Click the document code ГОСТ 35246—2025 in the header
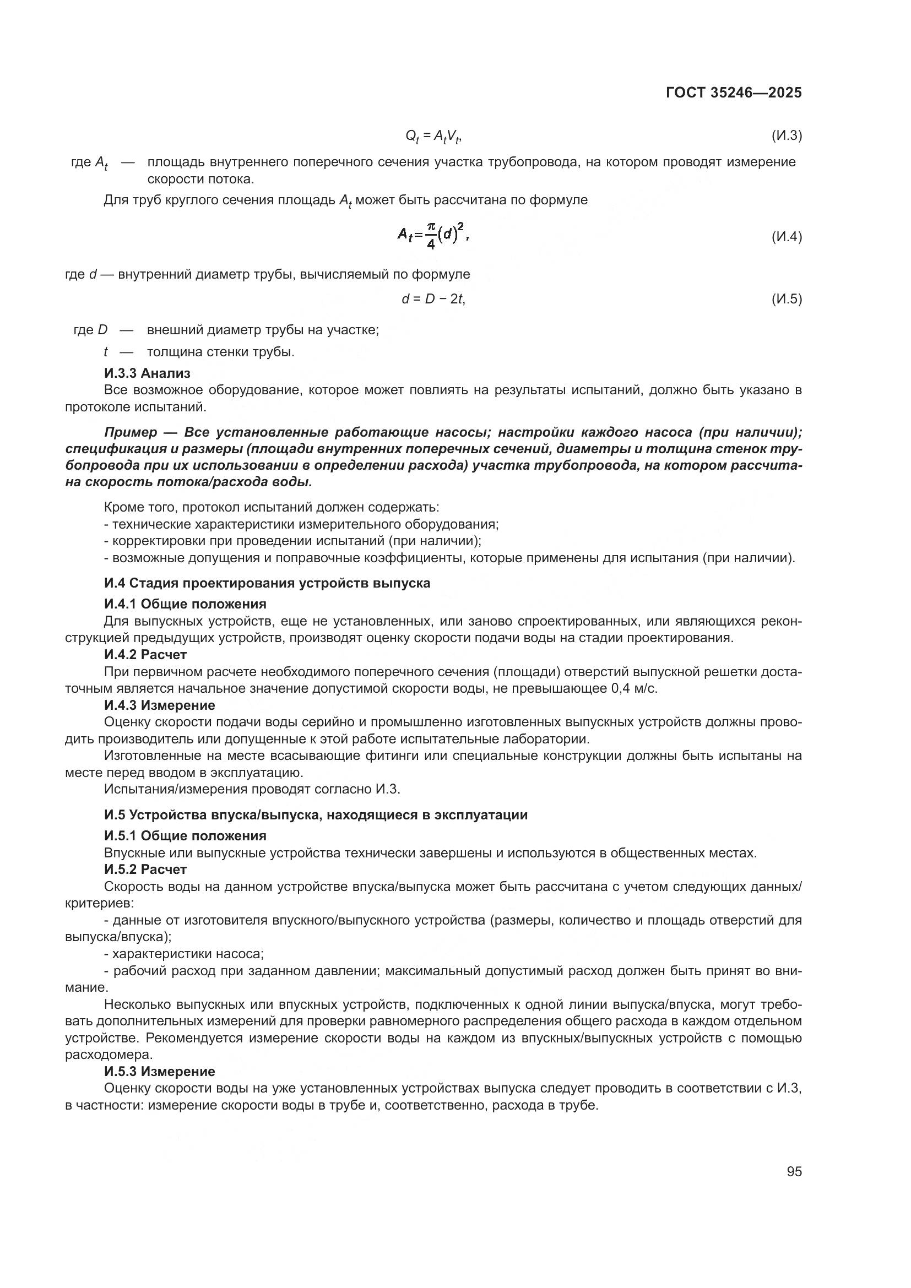pos(733,93)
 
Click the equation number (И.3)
pos(787,135)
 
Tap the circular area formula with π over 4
pos(433,236)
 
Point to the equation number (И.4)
pos(787,237)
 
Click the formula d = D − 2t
pos(433,299)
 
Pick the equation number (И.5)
pos(787,299)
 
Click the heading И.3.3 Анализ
pos(147,373)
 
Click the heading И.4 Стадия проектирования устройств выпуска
pos(267,583)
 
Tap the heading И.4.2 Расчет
pos(145,655)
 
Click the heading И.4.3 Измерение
pos(159,705)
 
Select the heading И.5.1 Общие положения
pos(185,836)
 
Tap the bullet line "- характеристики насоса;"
pos(184,954)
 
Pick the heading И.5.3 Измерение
pos(159,1072)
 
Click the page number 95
pos(794,1172)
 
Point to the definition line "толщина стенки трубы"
pos(220,352)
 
